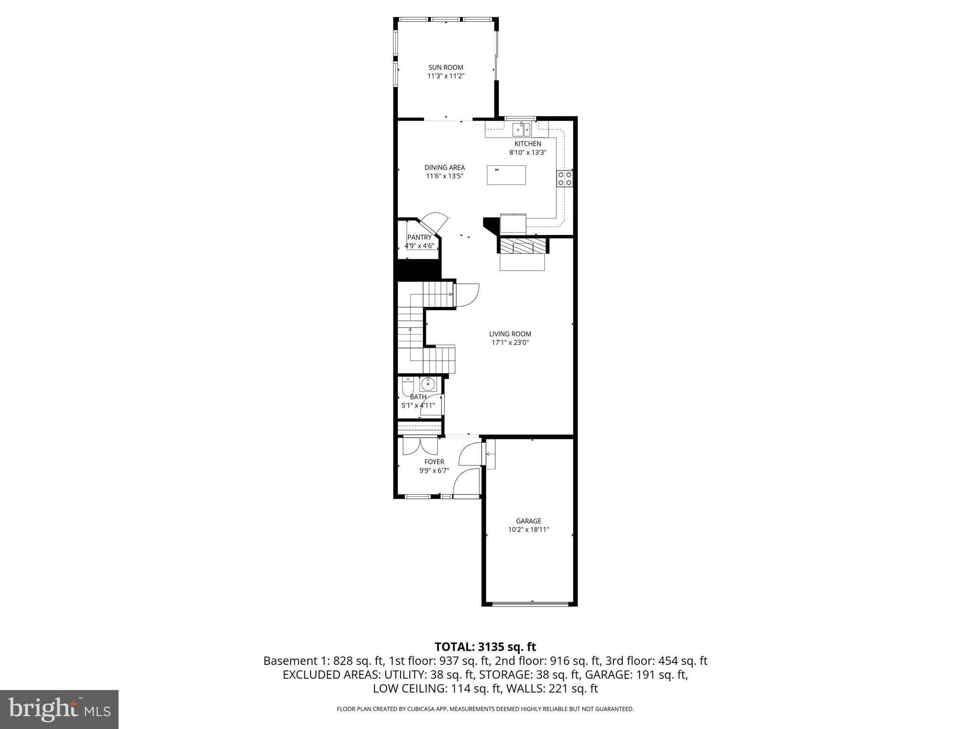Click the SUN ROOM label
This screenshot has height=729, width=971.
(x=446, y=67)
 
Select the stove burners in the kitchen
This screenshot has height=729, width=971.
(x=564, y=178)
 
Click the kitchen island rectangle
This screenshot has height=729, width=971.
(x=506, y=175)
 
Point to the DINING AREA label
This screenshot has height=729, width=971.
(x=444, y=168)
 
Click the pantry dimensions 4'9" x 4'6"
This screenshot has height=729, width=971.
(x=419, y=246)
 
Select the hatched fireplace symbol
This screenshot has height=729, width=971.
(x=522, y=247)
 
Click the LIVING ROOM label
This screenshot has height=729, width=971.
(x=510, y=334)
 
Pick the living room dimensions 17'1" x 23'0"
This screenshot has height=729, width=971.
(x=510, y=343)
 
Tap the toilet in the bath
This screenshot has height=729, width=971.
(x=407, y=386)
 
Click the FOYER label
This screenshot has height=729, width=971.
(x=434, y=462)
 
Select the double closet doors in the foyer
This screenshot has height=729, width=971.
(x=420, y=446)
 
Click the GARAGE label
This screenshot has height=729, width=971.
(x=529, y=521)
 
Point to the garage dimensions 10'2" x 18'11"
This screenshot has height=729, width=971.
(x=529, y=530)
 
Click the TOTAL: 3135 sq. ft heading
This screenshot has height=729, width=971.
(x=485, y=647)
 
